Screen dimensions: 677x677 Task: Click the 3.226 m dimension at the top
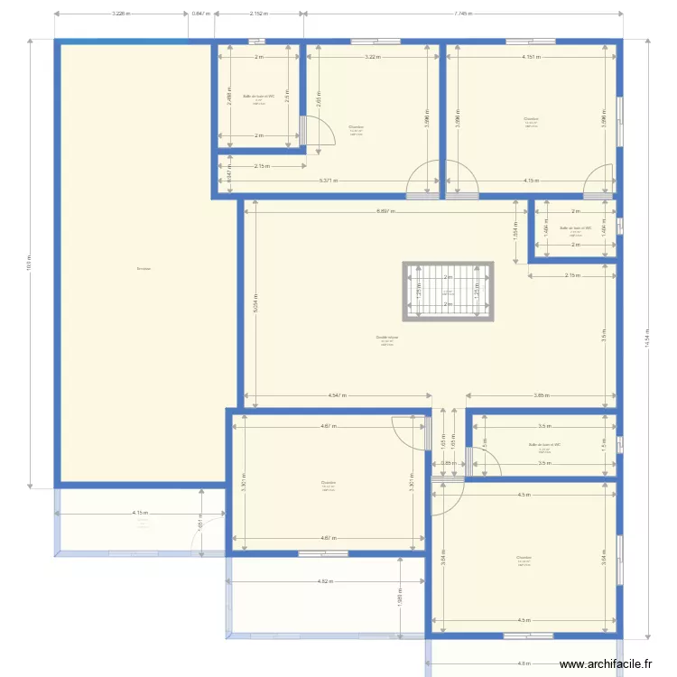tap(121, 14)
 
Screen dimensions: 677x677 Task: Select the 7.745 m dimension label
tap(462, 14)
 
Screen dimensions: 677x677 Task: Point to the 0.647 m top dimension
tap(200, 14)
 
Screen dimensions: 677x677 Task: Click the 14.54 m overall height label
tap(647, 338)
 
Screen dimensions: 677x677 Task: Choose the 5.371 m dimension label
tap(329, 181)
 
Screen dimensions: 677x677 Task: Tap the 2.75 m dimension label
tap(572, 275)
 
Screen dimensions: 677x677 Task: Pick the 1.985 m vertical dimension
tap(399, 598)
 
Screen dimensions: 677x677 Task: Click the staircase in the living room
tap(448, 291)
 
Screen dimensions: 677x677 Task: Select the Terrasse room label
tap(144, 268)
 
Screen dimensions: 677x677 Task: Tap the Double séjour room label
tap(387, 338)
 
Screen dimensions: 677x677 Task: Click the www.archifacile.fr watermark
tap(605, 663)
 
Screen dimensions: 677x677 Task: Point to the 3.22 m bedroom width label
tap(372, 57)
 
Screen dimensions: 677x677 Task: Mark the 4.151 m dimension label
tap(531, 57)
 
